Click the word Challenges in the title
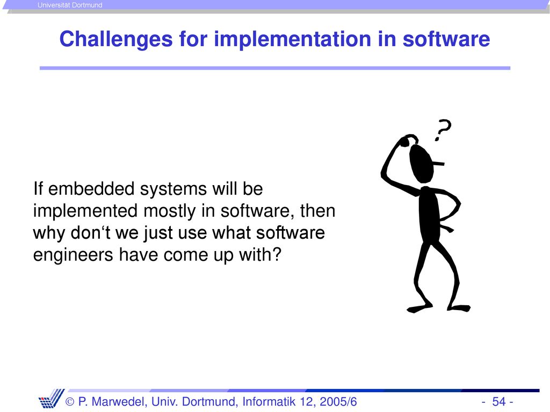[116, 39]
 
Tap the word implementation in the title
[293, 39]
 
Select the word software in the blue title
[446, 39]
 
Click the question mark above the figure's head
[443, 130]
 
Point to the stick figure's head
[422, 163]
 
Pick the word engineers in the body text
[73, 255]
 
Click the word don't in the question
[90, 233]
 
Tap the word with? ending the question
[260, 255]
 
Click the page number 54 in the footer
[499, 401]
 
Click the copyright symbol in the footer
[70, 402]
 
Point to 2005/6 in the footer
[338, 401]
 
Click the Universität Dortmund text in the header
[70, 5]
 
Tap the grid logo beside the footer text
[51, 399]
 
